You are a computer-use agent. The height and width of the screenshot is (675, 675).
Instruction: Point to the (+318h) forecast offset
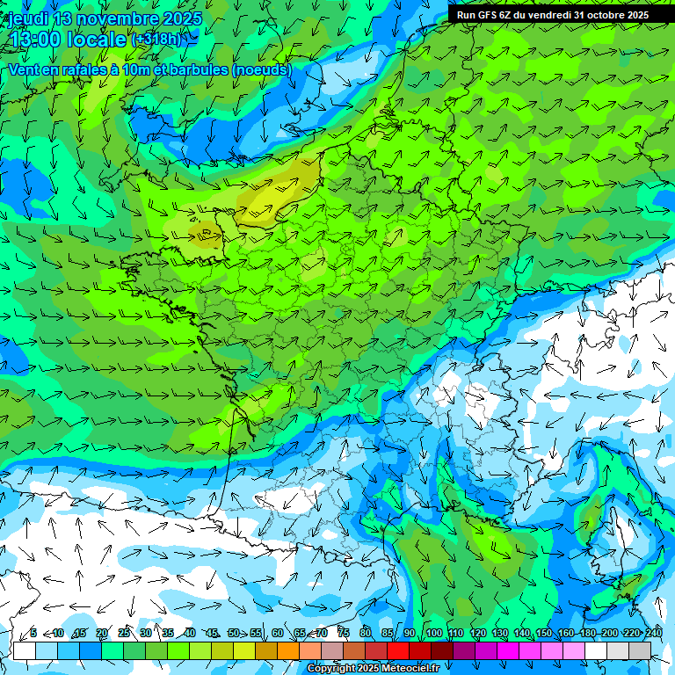(159, 40)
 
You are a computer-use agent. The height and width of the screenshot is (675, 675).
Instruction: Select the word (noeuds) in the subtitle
(262, 69)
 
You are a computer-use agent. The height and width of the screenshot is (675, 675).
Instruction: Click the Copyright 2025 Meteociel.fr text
(373, 669)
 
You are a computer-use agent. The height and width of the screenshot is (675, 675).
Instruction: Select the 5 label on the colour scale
(33, 633)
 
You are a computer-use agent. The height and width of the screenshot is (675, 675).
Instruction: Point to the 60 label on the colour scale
(278, 633)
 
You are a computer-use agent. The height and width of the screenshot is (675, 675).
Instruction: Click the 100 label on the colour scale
(433, 633)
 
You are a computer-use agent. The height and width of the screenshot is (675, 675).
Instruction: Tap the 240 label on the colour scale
(654, 633)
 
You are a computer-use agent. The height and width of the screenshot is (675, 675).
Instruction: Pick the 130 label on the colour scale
(499, 633)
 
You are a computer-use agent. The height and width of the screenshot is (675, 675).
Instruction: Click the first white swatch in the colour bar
(24, 650)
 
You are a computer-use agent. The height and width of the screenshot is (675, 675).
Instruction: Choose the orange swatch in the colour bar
(288, 650)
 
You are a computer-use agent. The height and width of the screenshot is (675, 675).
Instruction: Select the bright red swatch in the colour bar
(398, 650)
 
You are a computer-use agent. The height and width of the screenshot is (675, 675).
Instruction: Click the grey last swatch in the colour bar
(640, 650)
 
